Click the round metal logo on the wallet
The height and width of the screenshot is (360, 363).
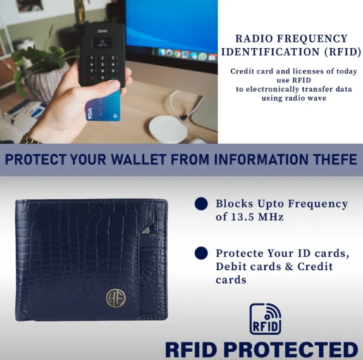pyautogui.click(x=116, y=298)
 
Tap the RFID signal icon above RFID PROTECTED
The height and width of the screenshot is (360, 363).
pyautogui.click(x=266, y=319)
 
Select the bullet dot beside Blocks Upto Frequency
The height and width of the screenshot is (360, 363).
pyautogui.click(x=201, y=204)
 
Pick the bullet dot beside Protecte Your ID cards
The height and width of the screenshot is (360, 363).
pyautogui.click(x=201, y=253)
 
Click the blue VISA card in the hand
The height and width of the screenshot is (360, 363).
pyautogui.click(x=104, y=106)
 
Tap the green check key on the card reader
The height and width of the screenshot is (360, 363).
pyautogui.click(x=113, y=78)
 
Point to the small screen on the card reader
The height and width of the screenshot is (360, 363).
pyautogui.click(x=102, y=43)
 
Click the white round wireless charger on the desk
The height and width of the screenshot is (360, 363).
pyautogui.click(x=168, y=129)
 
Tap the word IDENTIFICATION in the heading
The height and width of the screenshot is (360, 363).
pyautogui.click(x=270, y=52)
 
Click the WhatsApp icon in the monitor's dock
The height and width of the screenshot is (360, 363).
pyautogui.click(x=202, y=56)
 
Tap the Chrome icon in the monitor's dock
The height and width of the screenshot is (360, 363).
pyautogui.click(x=177, y=54)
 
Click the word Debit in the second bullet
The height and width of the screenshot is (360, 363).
pyautogui.click(x=231, y=266)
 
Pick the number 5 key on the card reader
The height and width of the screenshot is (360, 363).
pyautogui.click(x=102, y=65)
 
